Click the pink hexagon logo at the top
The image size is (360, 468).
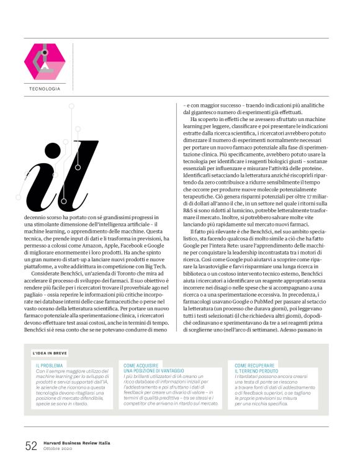[x=44, y=61]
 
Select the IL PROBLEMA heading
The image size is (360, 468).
[x=49, y=366]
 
